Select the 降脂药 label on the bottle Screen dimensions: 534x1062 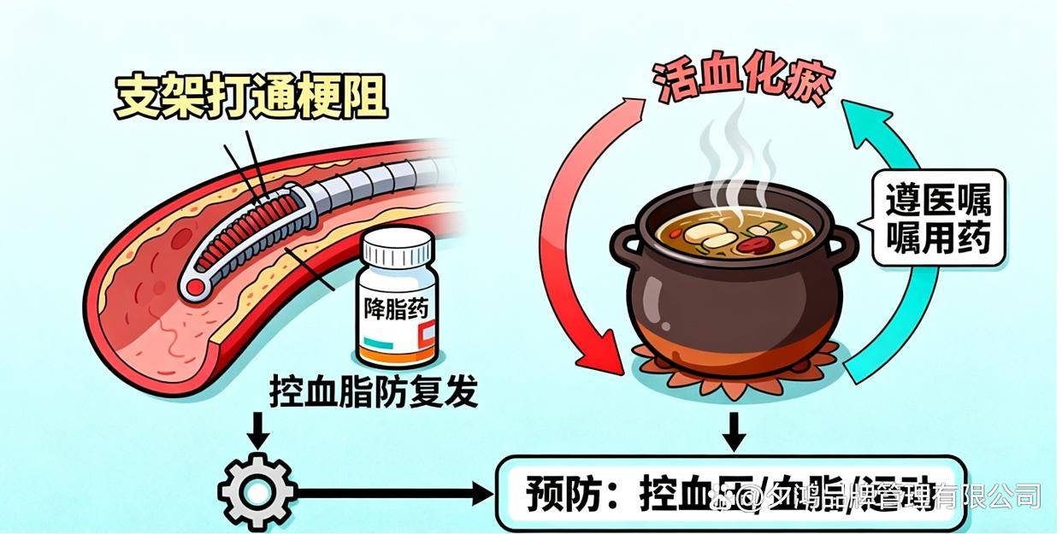395,305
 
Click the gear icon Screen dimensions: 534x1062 257,493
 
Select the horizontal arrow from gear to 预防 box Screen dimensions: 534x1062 393,493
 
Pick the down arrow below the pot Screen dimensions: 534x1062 733,431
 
